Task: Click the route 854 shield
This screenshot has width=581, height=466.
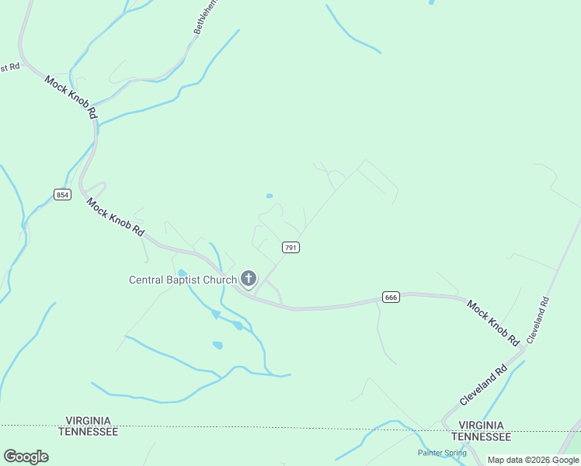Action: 63,194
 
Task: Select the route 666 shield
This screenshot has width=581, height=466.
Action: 391,297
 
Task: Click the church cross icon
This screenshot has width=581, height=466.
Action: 249,279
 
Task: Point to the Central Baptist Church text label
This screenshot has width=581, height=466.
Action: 183,280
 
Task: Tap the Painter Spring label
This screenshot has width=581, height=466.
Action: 442,453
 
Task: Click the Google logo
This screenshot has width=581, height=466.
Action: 26,457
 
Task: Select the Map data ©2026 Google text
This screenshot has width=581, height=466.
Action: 534,460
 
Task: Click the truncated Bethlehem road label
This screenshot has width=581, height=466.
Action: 204,16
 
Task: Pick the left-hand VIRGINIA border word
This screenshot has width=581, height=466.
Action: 88,420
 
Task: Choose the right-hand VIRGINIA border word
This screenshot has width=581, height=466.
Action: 485,426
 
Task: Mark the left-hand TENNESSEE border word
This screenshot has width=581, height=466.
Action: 88,431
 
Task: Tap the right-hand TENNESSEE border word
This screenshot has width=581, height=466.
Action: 485,436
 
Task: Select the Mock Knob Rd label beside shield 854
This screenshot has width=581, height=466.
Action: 116,217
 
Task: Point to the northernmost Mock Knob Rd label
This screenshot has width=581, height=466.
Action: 71,97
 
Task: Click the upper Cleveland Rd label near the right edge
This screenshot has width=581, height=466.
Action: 538,320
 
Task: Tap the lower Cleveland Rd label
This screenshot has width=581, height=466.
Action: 483,384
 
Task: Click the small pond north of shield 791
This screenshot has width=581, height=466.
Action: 270,196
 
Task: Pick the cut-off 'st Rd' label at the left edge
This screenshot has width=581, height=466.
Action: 9,68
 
